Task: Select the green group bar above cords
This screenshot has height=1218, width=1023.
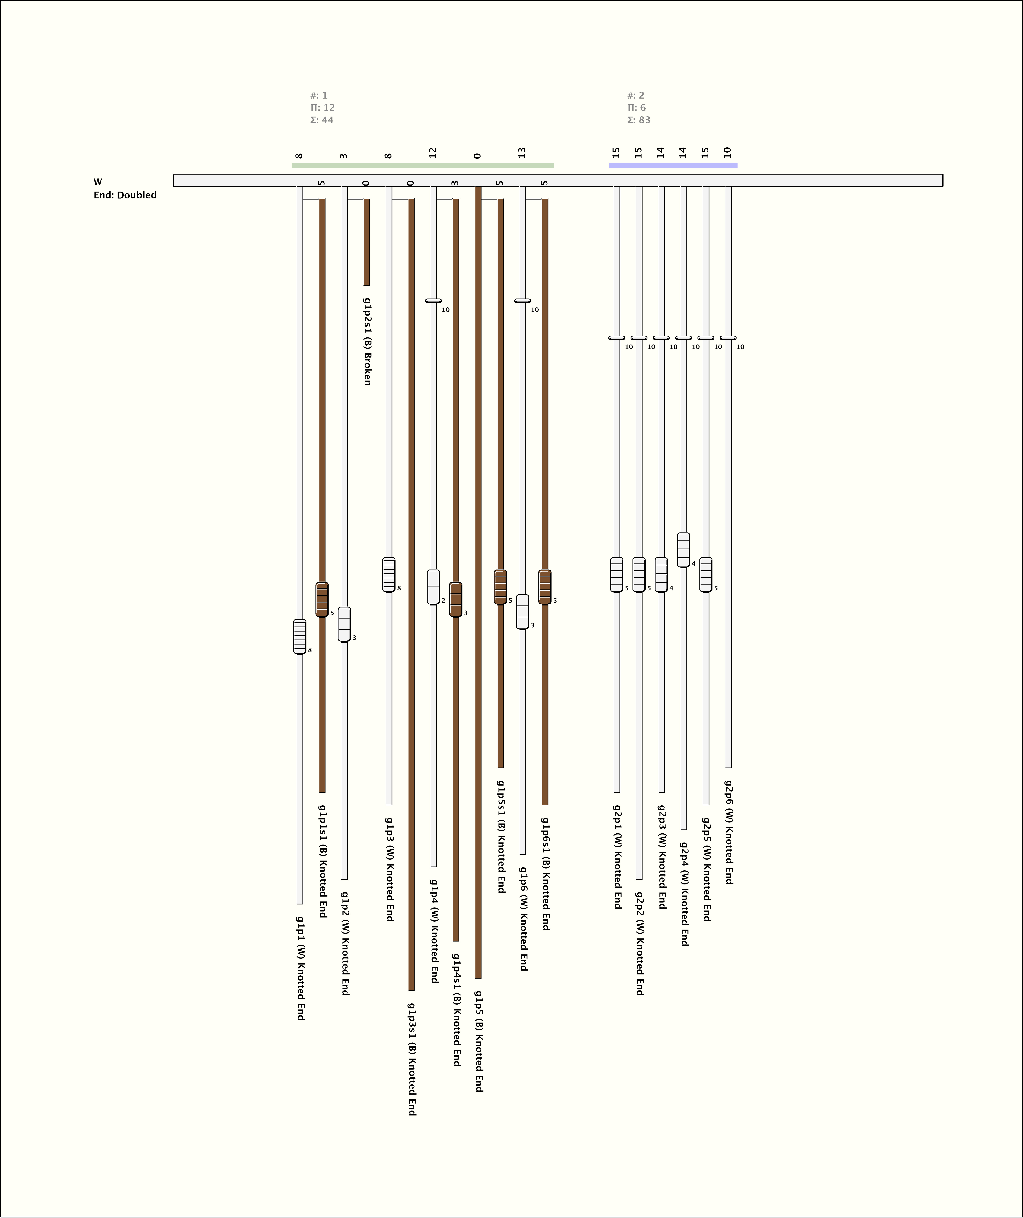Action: coord(422,165)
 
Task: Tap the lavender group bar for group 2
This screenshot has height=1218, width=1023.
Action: coord(673,165)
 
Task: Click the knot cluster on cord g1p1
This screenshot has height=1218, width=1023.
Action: coord(299,637)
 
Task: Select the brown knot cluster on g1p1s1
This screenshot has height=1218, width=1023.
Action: coord(322,600)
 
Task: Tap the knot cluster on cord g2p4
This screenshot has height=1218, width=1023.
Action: coord(683,550)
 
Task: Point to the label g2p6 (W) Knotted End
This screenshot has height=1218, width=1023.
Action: coord(729,832)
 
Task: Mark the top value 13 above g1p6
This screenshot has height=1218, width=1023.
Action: coord(522,153)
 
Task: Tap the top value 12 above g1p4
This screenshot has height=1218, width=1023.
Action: coord(432,153)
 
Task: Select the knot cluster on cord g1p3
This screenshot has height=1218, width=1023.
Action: coord(389,575)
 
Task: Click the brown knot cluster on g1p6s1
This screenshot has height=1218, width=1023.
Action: coord(545,587)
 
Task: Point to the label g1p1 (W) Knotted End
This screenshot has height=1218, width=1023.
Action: coord(301,968)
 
